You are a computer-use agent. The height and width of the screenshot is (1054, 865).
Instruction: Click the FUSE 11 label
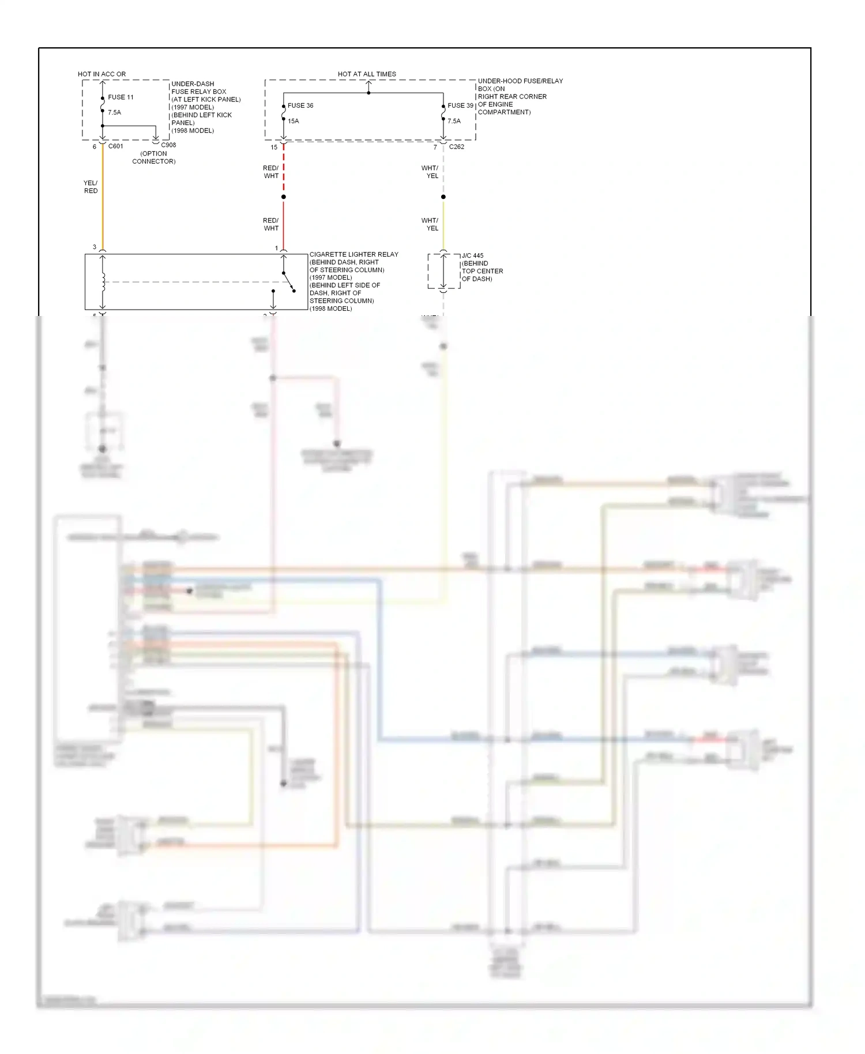click(121, 97)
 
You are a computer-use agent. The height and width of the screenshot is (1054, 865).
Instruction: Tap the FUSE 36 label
click(300, 106)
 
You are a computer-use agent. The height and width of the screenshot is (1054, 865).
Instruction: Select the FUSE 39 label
click(460, 106)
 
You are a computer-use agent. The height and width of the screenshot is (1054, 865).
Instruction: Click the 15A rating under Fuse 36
click(293, 121)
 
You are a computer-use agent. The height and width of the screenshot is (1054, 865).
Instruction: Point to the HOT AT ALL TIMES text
click(367, 74)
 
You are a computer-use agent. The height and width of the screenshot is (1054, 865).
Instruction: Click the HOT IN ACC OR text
click(101, 74)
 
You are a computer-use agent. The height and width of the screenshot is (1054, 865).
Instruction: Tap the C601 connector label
click(115, 146)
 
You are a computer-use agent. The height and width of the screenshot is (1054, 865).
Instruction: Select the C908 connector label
click(168, 145)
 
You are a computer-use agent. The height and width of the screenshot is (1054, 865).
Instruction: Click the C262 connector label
click(456, 147)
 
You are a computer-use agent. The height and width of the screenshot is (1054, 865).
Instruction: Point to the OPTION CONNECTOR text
click(154, 157)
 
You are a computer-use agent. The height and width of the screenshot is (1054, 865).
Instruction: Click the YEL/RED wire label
click(91, 187)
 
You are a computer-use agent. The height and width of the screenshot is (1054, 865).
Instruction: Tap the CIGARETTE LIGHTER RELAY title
click(353, 254)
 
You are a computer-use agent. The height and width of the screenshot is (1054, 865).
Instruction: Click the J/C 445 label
click(472, 255)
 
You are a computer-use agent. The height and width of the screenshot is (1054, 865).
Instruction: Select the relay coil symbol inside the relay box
click(103, 282)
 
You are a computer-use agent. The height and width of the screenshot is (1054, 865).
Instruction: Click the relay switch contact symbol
click(288, 282)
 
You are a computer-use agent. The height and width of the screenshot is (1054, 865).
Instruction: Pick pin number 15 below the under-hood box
click(274, 147)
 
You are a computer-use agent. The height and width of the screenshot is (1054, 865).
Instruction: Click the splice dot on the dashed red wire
click(283, 197)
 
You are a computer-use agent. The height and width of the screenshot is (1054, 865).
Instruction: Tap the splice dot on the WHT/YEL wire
click(443, 197)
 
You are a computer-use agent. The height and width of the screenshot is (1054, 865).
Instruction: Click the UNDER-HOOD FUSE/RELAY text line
click(520, 81)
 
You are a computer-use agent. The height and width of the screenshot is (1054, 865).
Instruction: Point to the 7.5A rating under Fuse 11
click(114, 112)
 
